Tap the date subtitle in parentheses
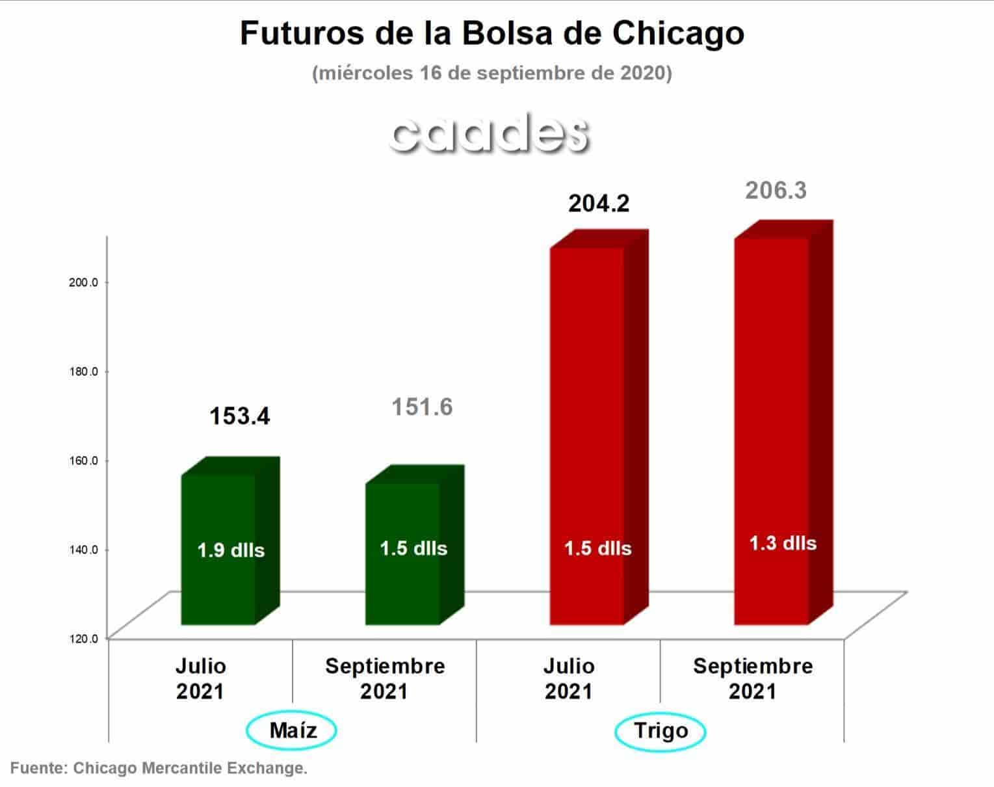tap(492, 73)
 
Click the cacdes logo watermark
tap(490, 133)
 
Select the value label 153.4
tap(240, 416)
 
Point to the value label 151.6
tap(422, 407)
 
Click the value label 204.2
tap(599, 204)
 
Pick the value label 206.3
tap(776, 191)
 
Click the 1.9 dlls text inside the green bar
tap(231, 550)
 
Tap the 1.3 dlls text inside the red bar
tap(783, 543)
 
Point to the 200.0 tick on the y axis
tap(84, 282)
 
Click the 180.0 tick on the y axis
tap(84, 371)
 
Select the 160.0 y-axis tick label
tap(84, 460)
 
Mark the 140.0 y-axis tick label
tap(84, 550)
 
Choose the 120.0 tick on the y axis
tap(84, 639)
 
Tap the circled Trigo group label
tap(660, 730)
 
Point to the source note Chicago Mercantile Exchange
tap(190, 768)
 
